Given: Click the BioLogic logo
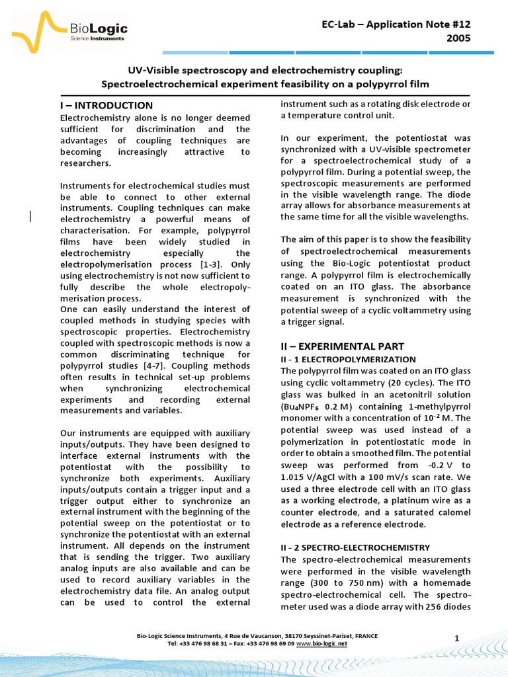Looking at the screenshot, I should pyautogui.click(x=69, y=32).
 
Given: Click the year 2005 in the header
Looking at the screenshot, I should pyautogui.click(x=458, y=38).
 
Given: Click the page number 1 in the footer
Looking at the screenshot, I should pyautogui.click(x=457, y=637).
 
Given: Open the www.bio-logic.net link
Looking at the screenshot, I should pyautogui.click(x=322, y=643).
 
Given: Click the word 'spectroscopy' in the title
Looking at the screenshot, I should pyautogui.click(x=196, y=71).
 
